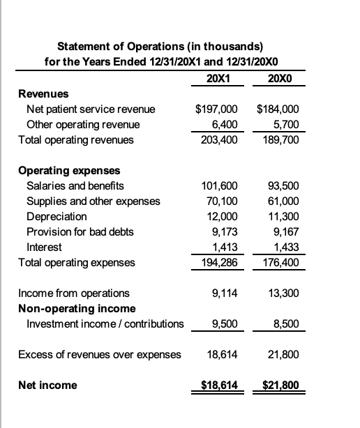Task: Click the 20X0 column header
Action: pyautogui.click(x=280, y=77)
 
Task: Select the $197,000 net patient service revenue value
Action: pyautogui.click(x=216, y=109)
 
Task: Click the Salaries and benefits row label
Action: pyautogui.click(x=75, y=185)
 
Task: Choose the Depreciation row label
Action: pyautogui.click(x=55, y=216)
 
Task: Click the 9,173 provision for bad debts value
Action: pyautogui.click(x=223, y=231)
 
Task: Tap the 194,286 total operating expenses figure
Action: pyautogui.click(x=219, y=262)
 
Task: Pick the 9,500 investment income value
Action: pyautogui.click(x=223, y=323)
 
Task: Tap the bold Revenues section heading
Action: pyautogui.click(x=38, y=93)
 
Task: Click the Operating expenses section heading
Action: pyautogui.click(x=69, y=170)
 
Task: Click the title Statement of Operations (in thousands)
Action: pyautogui.click(x=160, y=47)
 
